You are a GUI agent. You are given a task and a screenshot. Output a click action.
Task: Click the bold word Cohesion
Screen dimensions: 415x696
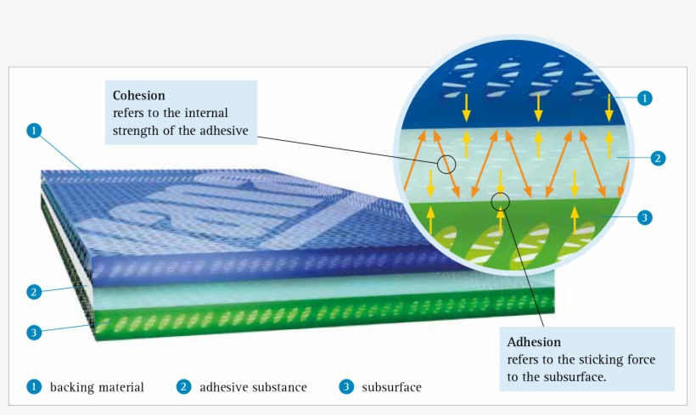click(x=138, y=95)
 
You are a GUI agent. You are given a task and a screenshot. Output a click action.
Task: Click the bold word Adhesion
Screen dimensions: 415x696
click(x=534, y=343)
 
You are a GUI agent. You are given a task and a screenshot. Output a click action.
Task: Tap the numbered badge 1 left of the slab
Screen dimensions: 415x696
click(x=33, y=131)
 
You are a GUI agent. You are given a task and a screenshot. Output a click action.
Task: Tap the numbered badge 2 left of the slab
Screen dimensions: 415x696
click(x=33, y=292)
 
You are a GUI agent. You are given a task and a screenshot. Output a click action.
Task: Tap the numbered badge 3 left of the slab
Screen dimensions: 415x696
click(x=33, y=332)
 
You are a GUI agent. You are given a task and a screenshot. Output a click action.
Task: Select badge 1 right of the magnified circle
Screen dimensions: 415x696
click(x=644, y=98)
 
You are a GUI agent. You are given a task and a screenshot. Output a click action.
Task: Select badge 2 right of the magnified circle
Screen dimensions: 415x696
click(x=657, y=158)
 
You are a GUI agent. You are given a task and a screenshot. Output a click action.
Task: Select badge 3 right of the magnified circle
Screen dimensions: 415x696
click(x=644, y=217)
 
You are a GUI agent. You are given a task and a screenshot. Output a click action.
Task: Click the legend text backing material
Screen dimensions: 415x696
click(x=97, y=387)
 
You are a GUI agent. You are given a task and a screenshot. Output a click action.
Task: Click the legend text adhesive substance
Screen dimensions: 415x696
click(x=253, y=387)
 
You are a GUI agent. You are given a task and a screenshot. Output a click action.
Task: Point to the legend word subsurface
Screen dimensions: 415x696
click(x=391, y=387)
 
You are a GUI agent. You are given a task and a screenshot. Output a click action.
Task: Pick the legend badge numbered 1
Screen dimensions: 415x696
click(x=33, y=387)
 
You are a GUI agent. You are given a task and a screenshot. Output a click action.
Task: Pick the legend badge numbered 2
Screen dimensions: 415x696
click(x=183, y=387)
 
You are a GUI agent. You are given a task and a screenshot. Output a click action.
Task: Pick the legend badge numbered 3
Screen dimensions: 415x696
click(x=345, y=387)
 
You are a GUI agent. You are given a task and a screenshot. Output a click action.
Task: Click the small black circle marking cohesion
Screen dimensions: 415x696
click(x=447, y=163)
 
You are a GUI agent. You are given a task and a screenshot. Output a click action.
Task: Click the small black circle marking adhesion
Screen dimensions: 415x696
click(x=501, y=201)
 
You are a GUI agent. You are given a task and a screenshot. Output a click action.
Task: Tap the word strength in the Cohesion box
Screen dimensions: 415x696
click(x=136, y=129)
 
